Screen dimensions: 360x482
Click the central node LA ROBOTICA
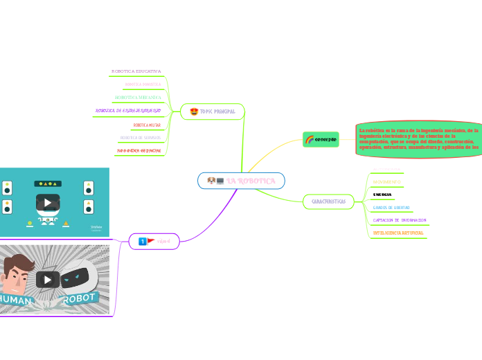click(x=241, y=181)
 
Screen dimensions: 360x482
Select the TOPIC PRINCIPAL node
click(x=212, y=111)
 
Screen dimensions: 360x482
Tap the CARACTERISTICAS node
click(x=328, y=201)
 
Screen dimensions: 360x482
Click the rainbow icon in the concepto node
click(x=310, y=139)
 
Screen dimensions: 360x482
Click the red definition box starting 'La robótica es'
click(x=418, y=138)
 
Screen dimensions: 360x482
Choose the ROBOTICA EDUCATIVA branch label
click(x=136, y=71)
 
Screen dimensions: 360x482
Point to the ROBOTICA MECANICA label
click(x=143, y=84)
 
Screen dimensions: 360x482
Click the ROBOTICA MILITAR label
click(x=147, y=125)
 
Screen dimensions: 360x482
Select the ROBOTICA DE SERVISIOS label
click(x=141, y=138)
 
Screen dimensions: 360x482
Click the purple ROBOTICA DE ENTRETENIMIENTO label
click(x=128, y=111)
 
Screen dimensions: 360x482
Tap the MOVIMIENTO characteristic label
click(x=387, y=181)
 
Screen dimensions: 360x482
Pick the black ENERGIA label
click(x=382, y=195)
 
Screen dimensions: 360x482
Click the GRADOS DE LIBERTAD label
click(x=391, y=207)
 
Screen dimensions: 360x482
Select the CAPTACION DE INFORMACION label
click(x=400, y=220)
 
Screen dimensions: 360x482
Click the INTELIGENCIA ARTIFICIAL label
click(x=398, y=233)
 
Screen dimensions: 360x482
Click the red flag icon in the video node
click(x=152, y=241)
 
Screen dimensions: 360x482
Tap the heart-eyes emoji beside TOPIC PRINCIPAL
click(x=193, y=111)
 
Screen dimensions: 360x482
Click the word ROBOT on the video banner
click(x=80, y=300)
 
